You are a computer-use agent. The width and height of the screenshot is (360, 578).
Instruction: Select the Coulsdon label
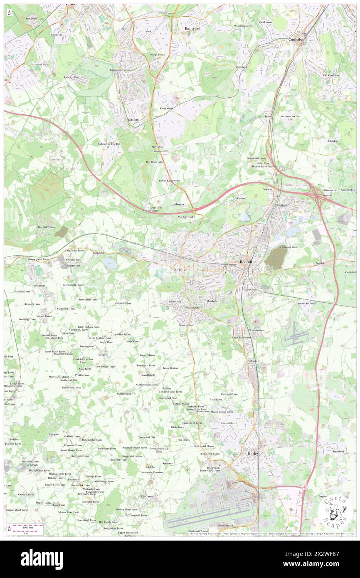tap(296, 39)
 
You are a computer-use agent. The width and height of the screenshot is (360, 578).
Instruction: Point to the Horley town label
tap(253, 453)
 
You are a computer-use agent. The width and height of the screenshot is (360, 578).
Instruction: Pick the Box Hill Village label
tap(47, 227)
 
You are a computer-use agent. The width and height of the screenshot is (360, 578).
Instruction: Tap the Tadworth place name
tap(133, 119)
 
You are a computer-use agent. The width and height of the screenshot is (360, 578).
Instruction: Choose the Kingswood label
tap(166, 109)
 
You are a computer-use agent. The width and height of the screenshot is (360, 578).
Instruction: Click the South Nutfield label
tap(306, 304)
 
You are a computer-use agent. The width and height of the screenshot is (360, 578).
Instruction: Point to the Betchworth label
tap(74, 265)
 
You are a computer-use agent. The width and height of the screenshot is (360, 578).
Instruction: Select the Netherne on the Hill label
tap(290, 118)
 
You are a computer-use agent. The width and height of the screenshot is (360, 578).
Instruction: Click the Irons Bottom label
tap(170, 368)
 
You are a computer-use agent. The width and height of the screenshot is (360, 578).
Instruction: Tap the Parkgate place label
tap(54, 434)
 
